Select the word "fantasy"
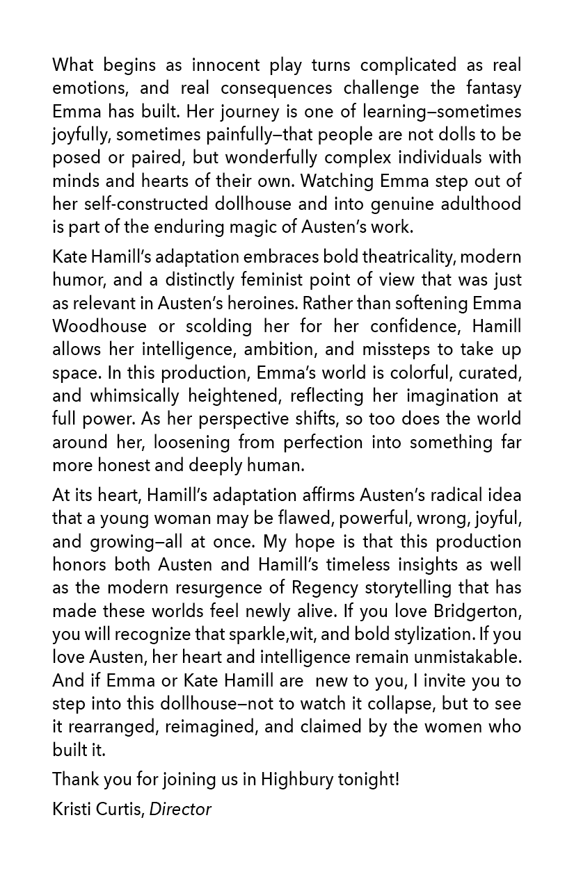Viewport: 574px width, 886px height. [x=488, y=88]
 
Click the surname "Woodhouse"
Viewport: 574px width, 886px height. [x=99, y=326]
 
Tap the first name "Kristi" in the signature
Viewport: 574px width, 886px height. [x=70, y=809]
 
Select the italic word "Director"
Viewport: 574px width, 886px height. [x=180, y=809]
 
